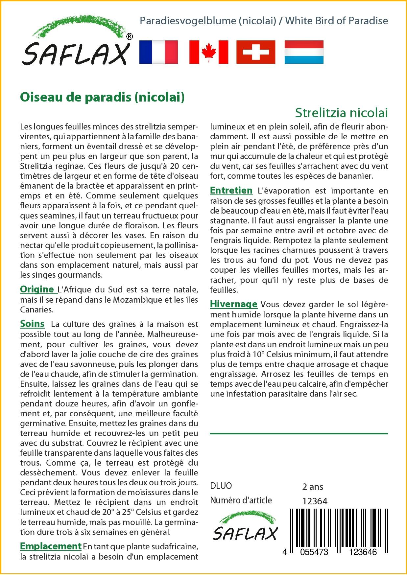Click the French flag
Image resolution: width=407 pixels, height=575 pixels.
158,52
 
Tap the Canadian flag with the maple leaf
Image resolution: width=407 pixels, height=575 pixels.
209,52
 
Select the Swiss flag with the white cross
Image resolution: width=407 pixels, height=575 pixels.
256,52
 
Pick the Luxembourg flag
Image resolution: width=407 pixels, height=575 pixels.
304,52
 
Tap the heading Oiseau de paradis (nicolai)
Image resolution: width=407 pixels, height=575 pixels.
102,97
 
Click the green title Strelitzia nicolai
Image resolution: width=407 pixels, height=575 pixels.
341,113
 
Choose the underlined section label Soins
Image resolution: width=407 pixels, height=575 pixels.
32,324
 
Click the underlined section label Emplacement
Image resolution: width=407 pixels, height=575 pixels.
51,546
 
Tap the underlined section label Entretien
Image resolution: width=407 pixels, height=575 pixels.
231,190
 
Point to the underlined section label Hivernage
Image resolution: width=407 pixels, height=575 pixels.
233,304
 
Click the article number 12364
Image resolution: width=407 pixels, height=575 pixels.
315,501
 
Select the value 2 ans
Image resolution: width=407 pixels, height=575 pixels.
312,487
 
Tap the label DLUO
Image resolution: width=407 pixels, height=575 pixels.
221,486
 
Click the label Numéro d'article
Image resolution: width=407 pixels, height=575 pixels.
241,500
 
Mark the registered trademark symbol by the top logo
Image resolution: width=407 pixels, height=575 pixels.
130,37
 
